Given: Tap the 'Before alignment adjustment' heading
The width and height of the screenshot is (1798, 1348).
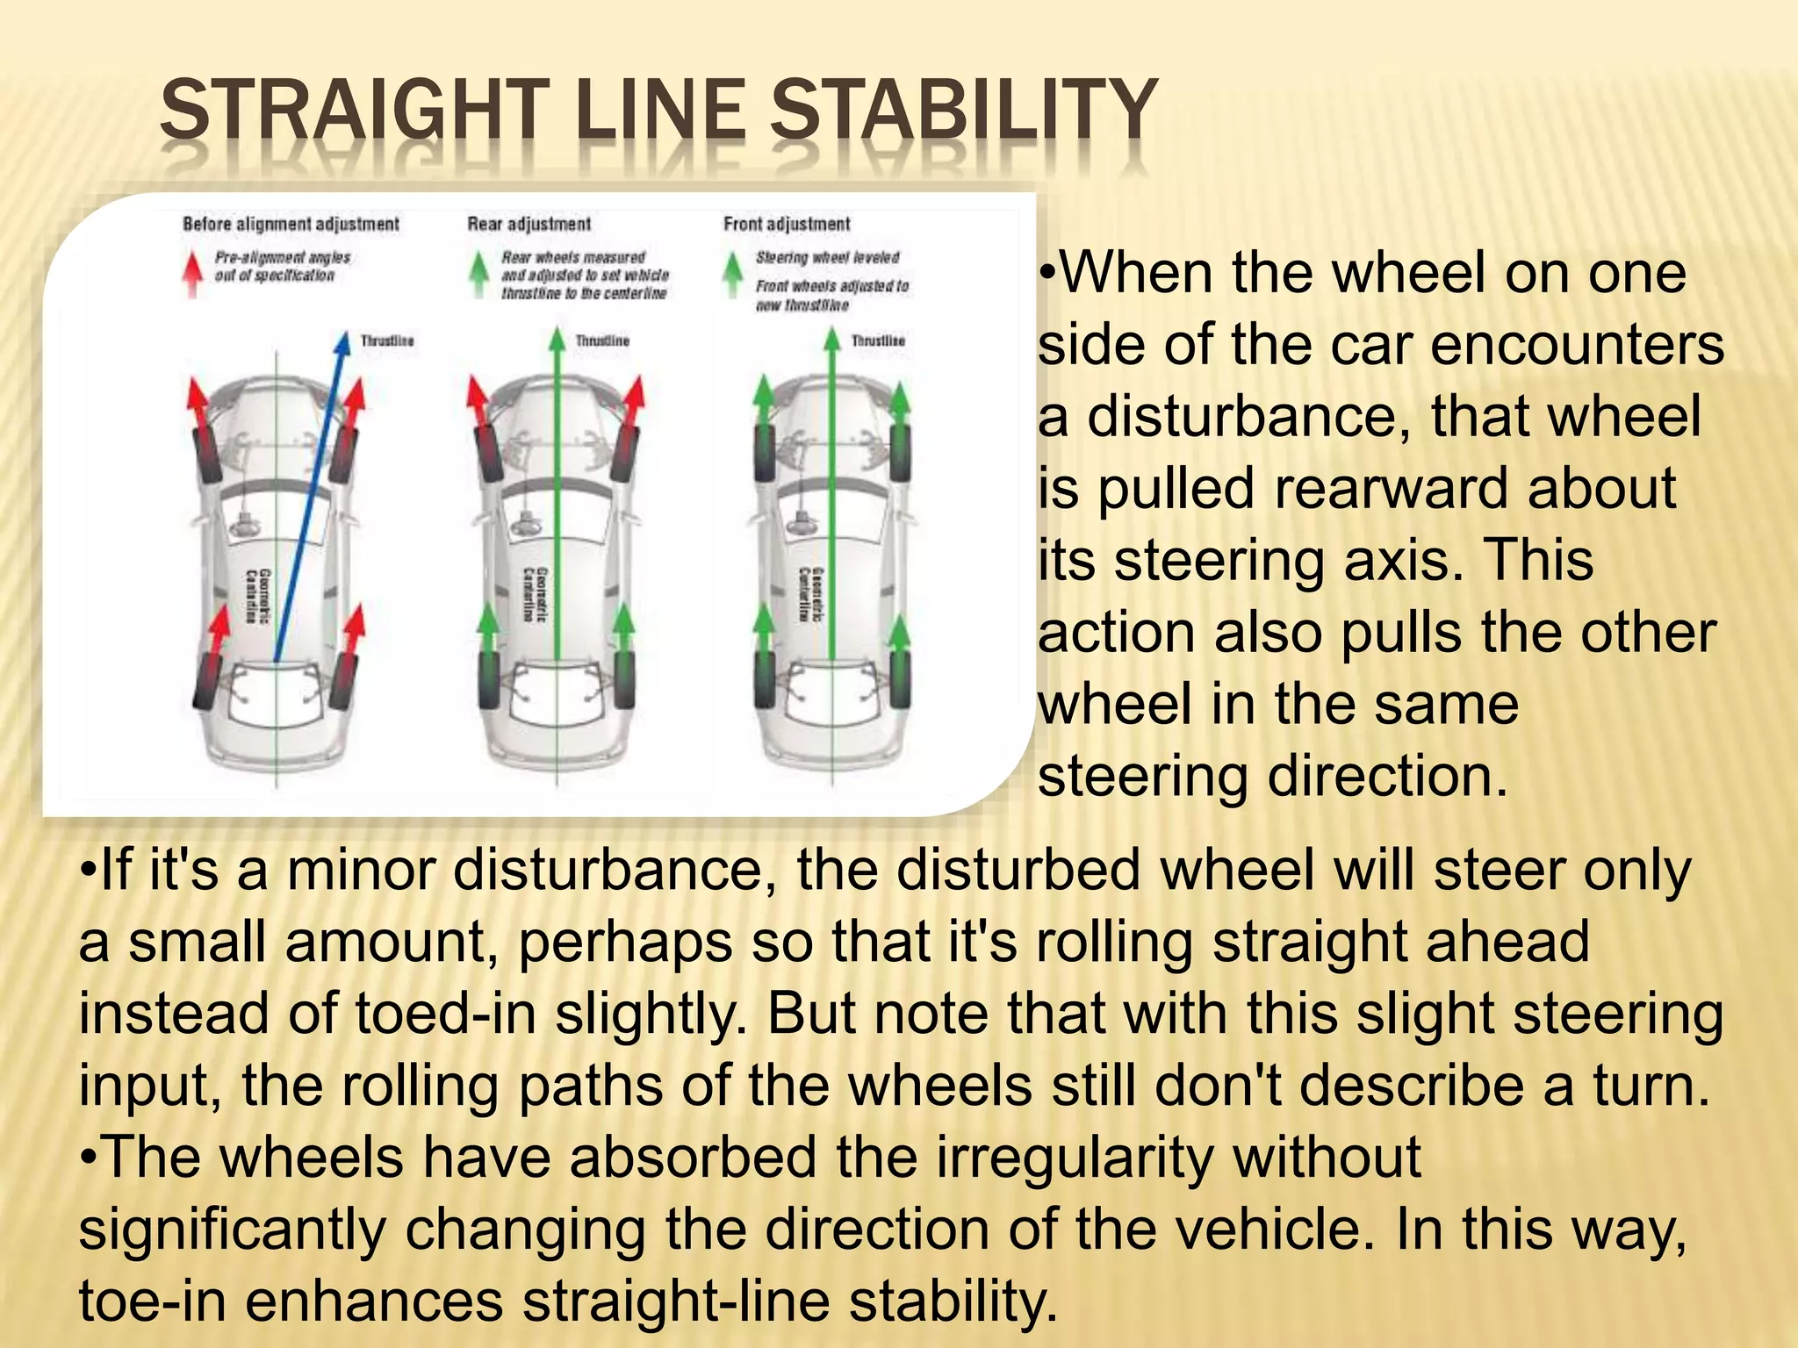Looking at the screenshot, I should point(291,224).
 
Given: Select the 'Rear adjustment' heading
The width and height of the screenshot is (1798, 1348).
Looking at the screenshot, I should point(529,224).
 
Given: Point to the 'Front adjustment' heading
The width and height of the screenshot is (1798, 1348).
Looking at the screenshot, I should point(787,224).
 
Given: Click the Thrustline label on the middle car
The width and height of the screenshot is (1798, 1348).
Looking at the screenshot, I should point(602,341).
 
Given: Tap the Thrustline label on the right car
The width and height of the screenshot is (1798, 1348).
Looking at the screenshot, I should point(878,341).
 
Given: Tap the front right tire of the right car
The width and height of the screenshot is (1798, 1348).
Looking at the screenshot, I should point(901,452).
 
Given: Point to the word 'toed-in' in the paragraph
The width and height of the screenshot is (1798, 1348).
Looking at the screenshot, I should point(445,1014).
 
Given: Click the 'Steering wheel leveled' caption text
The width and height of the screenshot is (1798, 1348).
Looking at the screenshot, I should point(827,257).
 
